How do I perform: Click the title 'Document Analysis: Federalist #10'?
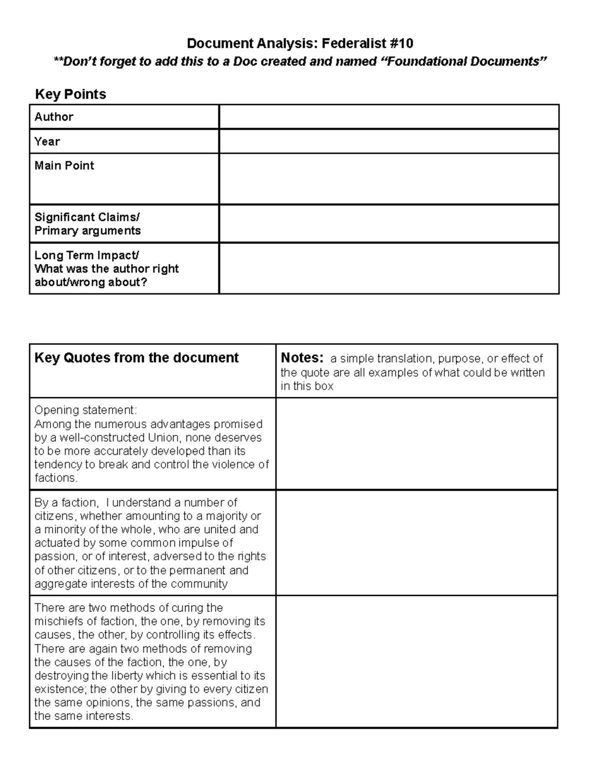300,44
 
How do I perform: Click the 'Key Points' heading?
70,94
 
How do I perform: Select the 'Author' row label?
54,117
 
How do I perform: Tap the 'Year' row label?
47,141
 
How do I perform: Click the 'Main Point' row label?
64,166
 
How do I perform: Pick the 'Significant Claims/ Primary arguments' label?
87,224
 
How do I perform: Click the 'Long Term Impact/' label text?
87,255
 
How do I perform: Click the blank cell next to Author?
388,117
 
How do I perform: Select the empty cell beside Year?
388,141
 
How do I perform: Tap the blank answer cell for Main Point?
388,179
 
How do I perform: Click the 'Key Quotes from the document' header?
136,358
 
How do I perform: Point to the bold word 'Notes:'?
302,358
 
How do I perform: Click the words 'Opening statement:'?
85,410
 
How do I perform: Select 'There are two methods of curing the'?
128,608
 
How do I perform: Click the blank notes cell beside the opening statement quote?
416,443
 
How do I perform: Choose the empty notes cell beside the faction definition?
416,542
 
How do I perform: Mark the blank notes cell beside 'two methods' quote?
416,661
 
